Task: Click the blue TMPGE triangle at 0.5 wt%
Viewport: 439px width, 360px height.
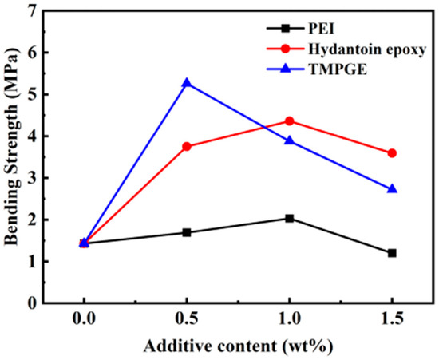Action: [x=187, y=83]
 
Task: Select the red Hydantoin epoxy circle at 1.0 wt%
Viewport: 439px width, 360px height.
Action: [x=289, y=121]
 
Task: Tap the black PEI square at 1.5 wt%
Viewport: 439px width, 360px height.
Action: [x=392, y=253]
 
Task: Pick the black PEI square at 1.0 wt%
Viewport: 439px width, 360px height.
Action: [x=289, y=218]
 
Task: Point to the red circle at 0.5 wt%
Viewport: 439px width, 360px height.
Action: [x=187, y=146]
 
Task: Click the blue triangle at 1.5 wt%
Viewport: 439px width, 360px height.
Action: [x=392, y=188]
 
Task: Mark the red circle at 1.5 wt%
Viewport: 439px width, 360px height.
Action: [x=392, y=153]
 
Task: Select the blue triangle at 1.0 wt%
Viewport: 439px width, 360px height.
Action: [x=289, y=140]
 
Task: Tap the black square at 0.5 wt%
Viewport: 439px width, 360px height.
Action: [x=187, y=232]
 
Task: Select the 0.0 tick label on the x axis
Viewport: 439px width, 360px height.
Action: [x=84, y=323]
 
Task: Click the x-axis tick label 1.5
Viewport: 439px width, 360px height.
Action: [x=392, y=323]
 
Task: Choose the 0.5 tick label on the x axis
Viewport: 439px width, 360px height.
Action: [x=187, y=323]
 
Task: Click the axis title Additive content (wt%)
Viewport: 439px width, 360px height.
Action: [x=237, y=348]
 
